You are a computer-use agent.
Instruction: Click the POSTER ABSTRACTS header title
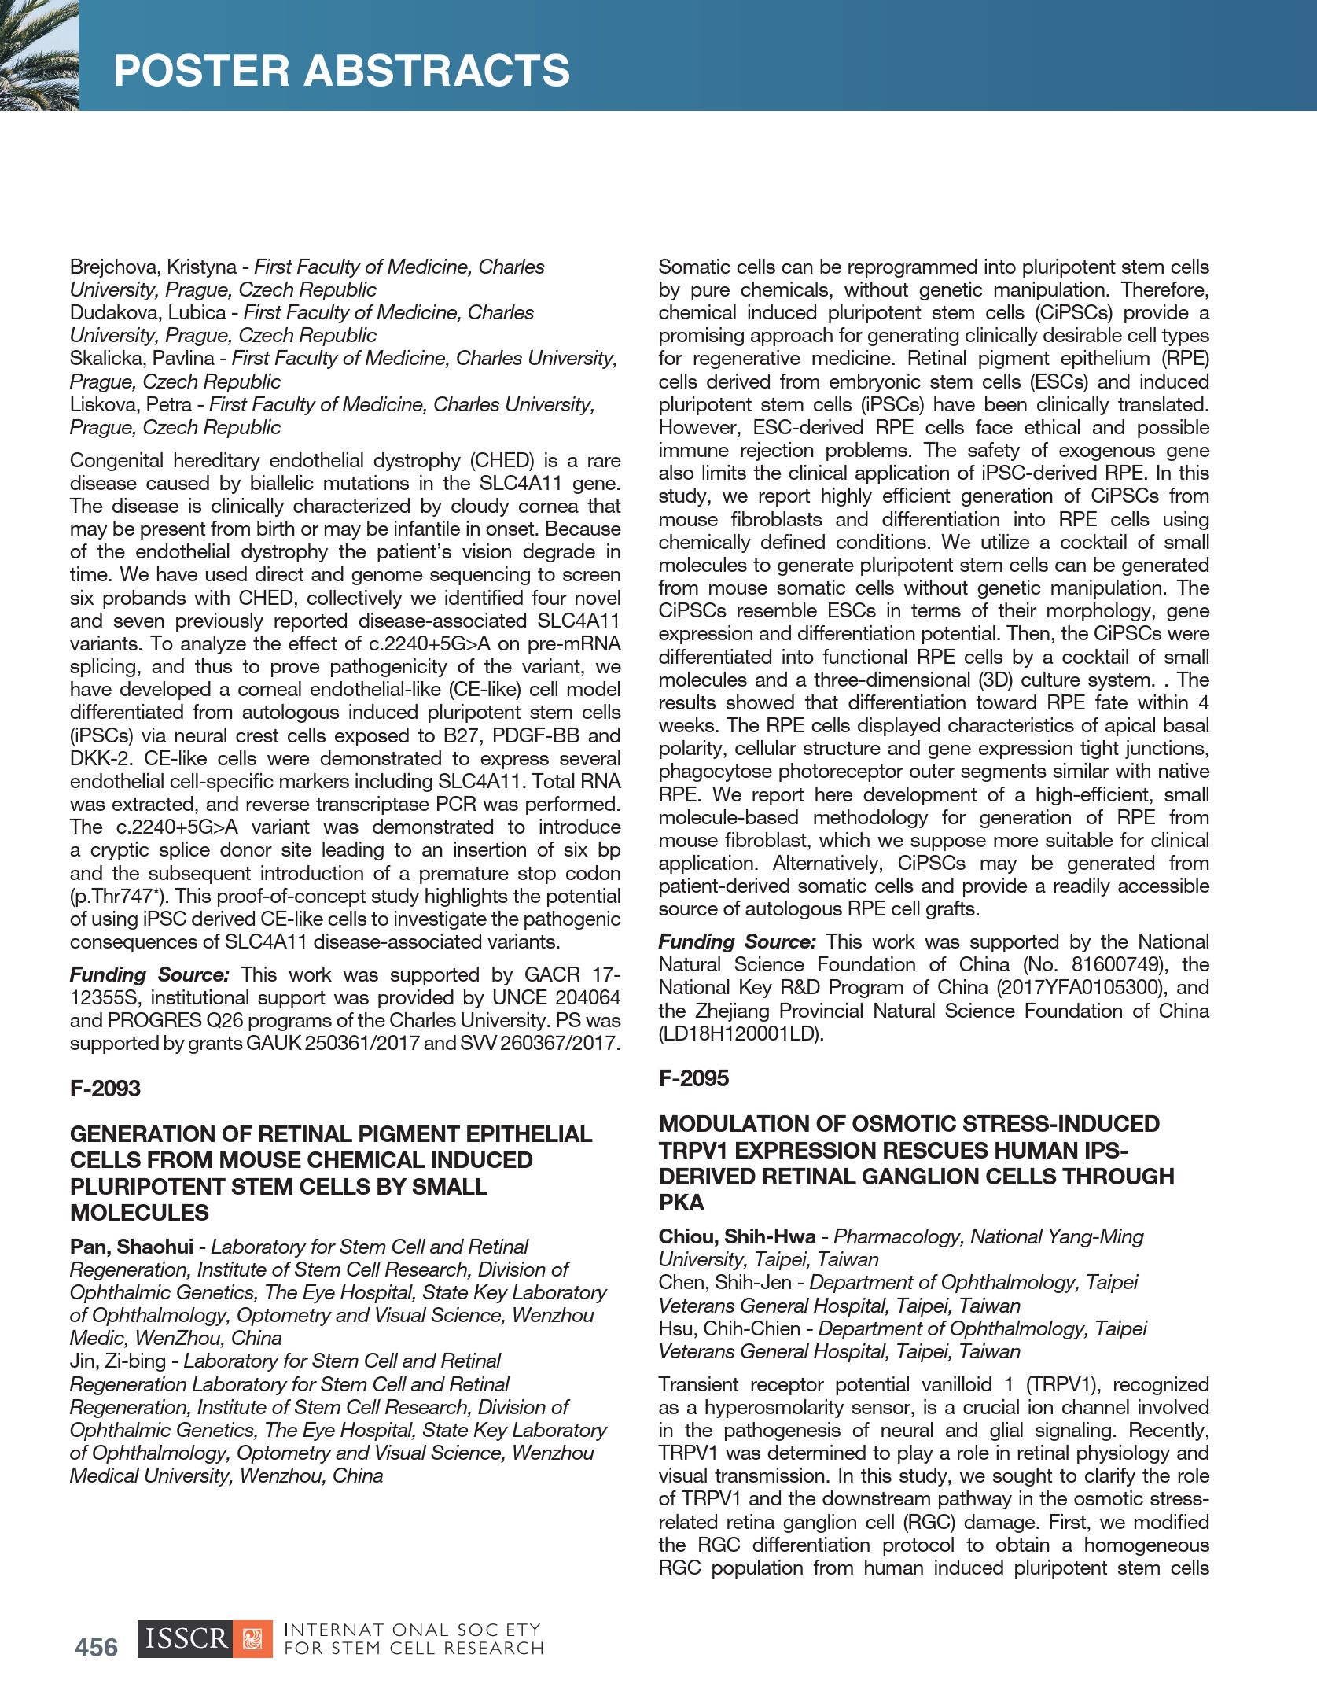(341, 71)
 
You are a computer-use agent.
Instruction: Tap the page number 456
(96, 1647)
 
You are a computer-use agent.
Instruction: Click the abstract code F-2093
(105, 1089)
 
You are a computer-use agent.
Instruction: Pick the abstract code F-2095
(693, 1078)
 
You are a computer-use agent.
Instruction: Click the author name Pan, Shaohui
(131, 1247)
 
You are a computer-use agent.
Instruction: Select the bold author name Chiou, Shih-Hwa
(737, 1237)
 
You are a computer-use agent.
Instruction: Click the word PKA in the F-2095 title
(681, 1203)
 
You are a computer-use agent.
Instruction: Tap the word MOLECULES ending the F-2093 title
(139, 1213)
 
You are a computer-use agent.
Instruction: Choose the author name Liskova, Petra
(131, 405)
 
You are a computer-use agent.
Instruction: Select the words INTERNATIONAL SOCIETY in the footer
(412, 1630)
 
